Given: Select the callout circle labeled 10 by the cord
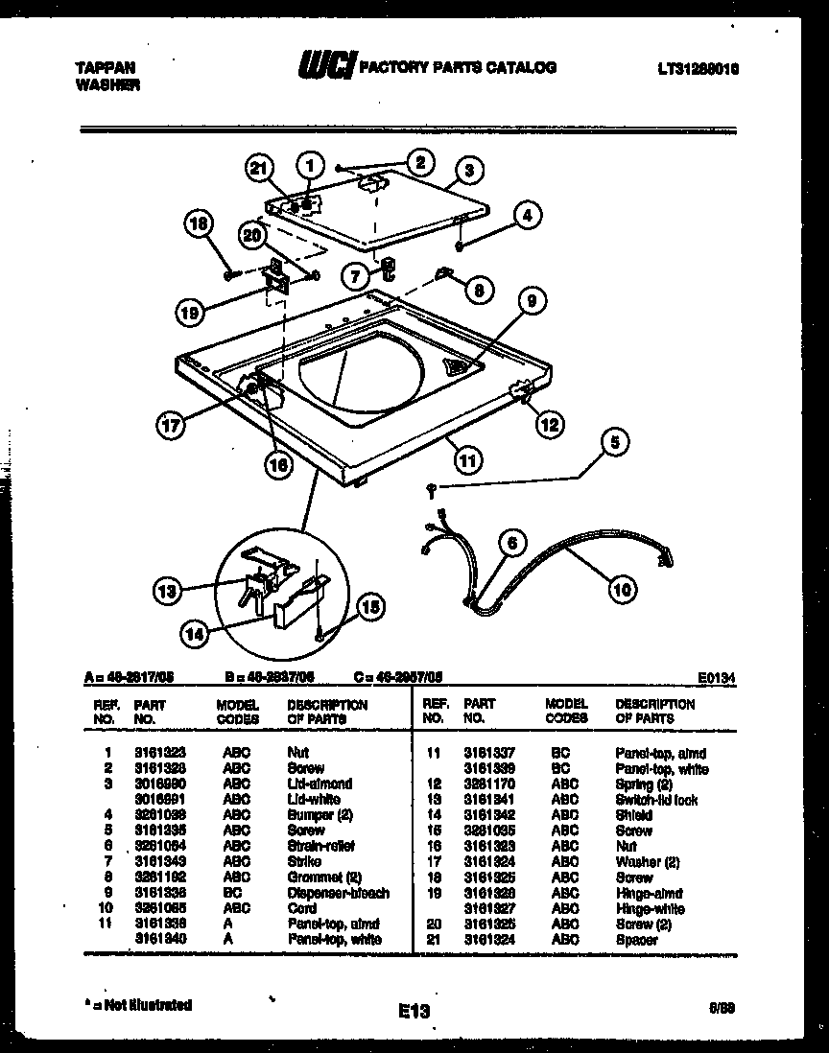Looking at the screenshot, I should [622, 590].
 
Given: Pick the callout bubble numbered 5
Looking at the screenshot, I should [615, 442].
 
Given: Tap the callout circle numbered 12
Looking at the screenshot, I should [549, 424].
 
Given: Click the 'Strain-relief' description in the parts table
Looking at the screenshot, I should [320, 846].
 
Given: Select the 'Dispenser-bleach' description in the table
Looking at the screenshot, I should [338, 893].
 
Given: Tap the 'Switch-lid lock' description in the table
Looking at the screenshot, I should [656, 800].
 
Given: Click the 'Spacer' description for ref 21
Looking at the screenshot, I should [636, 940].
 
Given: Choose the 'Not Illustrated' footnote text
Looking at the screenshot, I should [141, 1005].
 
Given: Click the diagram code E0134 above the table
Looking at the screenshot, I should [719, 677].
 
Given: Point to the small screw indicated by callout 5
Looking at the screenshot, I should [432, 490].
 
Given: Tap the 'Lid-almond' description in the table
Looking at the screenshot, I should [320, 784].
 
